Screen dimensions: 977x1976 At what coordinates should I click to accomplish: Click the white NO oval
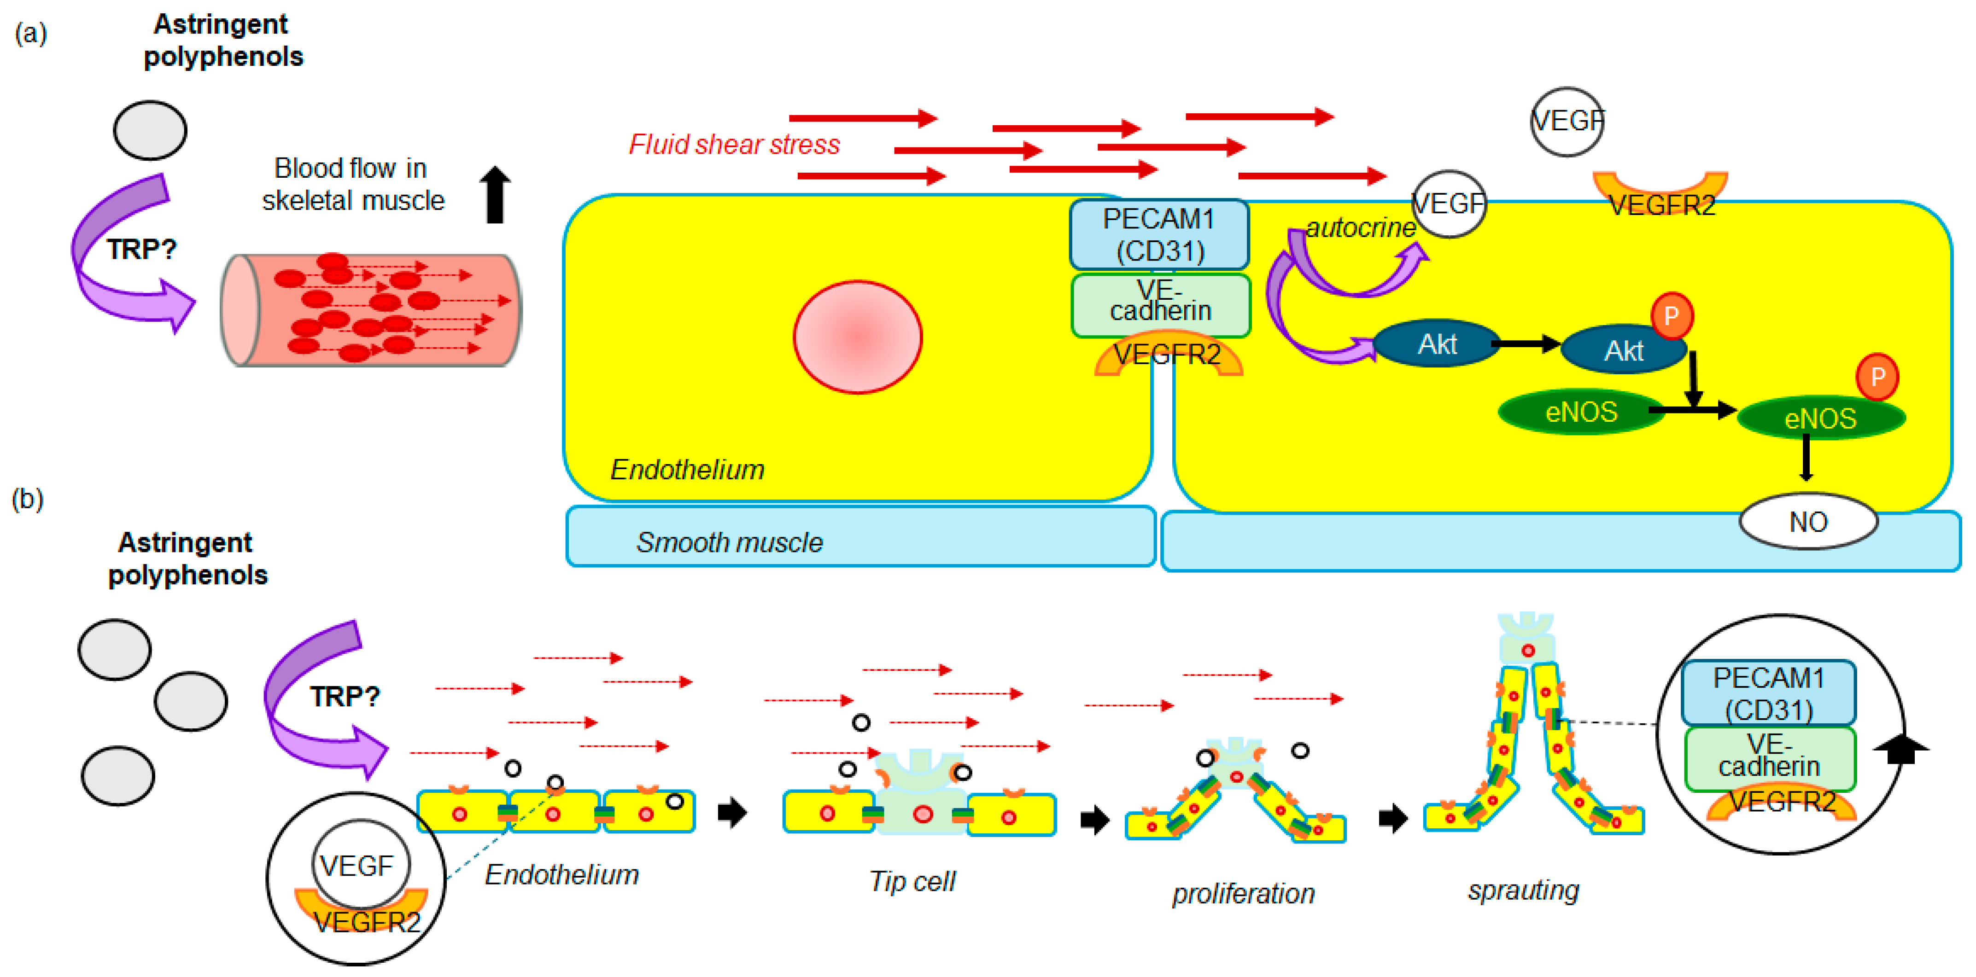[1807, 522]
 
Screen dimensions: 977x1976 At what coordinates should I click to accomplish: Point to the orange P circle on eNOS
[1877, 377]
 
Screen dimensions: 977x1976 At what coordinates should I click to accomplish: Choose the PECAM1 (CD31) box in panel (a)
[1158, 235]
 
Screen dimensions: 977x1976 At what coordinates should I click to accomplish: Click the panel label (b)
[28, 499]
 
